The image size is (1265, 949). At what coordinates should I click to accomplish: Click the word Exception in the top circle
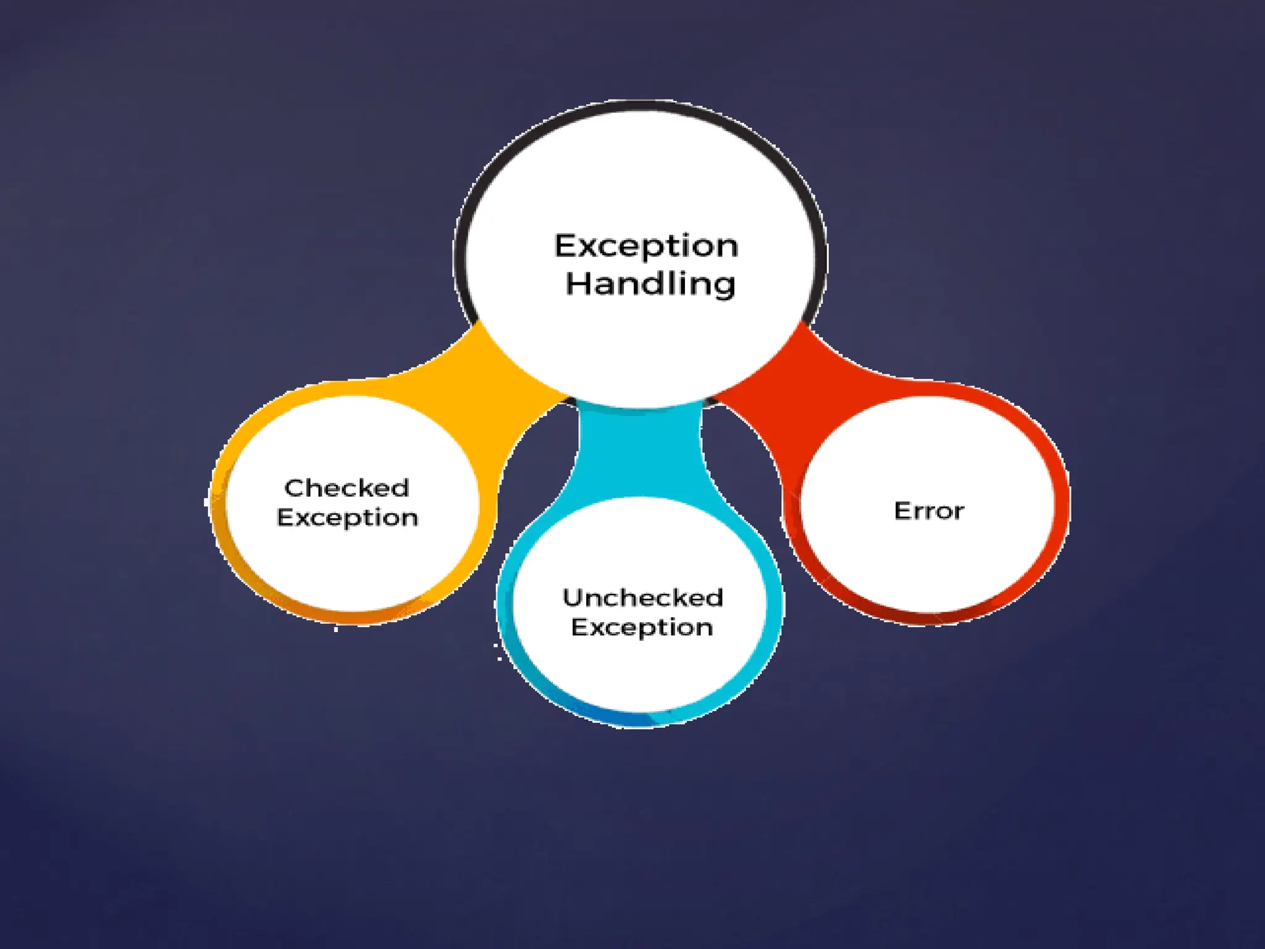646,247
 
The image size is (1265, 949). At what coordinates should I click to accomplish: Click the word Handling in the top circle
650,284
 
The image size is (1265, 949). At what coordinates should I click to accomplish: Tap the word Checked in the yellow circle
347,488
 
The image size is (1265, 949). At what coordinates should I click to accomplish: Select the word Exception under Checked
347,518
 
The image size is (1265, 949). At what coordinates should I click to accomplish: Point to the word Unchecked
642,597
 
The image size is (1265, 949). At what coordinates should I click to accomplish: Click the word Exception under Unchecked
642,628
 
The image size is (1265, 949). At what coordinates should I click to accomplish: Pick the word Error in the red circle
929,511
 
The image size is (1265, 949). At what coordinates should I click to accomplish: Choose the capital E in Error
902,511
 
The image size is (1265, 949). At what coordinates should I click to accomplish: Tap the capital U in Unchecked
572,597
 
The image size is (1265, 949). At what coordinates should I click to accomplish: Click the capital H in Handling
577,284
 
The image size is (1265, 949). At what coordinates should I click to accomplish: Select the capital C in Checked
294,488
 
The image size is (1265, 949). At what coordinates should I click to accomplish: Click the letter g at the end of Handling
725,287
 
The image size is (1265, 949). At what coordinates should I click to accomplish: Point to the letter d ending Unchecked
715,597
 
